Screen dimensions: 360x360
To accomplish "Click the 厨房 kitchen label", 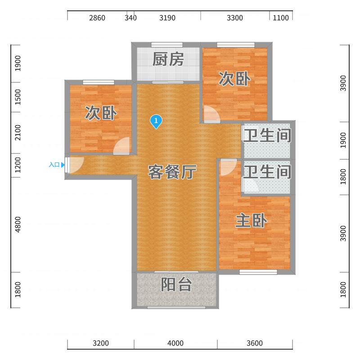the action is click(168, 59).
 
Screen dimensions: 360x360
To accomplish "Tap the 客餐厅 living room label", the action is click(172, 172).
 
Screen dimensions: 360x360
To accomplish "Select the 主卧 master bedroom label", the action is click(252, 220).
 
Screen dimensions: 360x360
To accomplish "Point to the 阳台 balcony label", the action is click(176, 284).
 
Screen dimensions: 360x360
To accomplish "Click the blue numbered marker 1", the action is click(156, 121).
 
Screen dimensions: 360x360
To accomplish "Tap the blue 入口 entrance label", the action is click(54, 165).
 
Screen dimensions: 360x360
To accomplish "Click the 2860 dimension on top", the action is click(97, 18).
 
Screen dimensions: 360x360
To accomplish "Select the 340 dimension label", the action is click(130, 18).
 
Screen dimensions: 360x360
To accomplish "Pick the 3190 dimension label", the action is click(167, 18).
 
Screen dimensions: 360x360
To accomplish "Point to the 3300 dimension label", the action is click(235, 18).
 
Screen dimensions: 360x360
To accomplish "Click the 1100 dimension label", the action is click(281, 18).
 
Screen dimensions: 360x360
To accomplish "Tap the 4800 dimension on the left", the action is click(18, 225).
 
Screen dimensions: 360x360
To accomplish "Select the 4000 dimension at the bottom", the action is click(175, 343).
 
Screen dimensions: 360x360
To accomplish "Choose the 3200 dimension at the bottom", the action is click(101, 343).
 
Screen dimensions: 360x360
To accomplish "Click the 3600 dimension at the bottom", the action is click(255, 343).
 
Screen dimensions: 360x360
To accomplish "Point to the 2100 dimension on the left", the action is click(18, 133).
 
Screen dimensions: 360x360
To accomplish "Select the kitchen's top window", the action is click(167, 45).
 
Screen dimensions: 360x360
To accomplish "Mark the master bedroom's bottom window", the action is click(258, 272).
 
